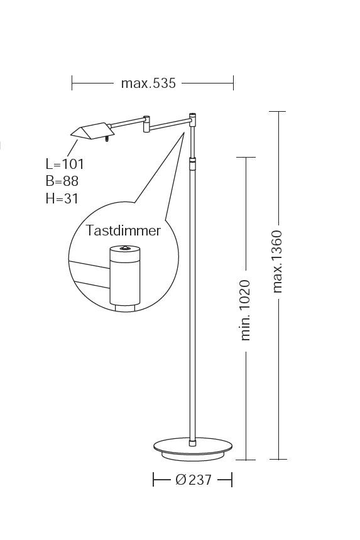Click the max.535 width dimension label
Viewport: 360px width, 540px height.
[148, 84]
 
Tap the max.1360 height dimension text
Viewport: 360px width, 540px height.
[277, 262]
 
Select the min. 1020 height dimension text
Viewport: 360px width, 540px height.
[245, 310]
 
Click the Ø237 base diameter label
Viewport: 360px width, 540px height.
[194, 479]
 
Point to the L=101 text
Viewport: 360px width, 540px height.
[65, 164]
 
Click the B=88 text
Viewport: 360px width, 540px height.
[62, 181]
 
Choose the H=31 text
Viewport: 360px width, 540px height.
[62, 198]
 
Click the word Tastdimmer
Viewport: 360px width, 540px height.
[123, 230]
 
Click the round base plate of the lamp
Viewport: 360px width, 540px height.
[193, 449]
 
